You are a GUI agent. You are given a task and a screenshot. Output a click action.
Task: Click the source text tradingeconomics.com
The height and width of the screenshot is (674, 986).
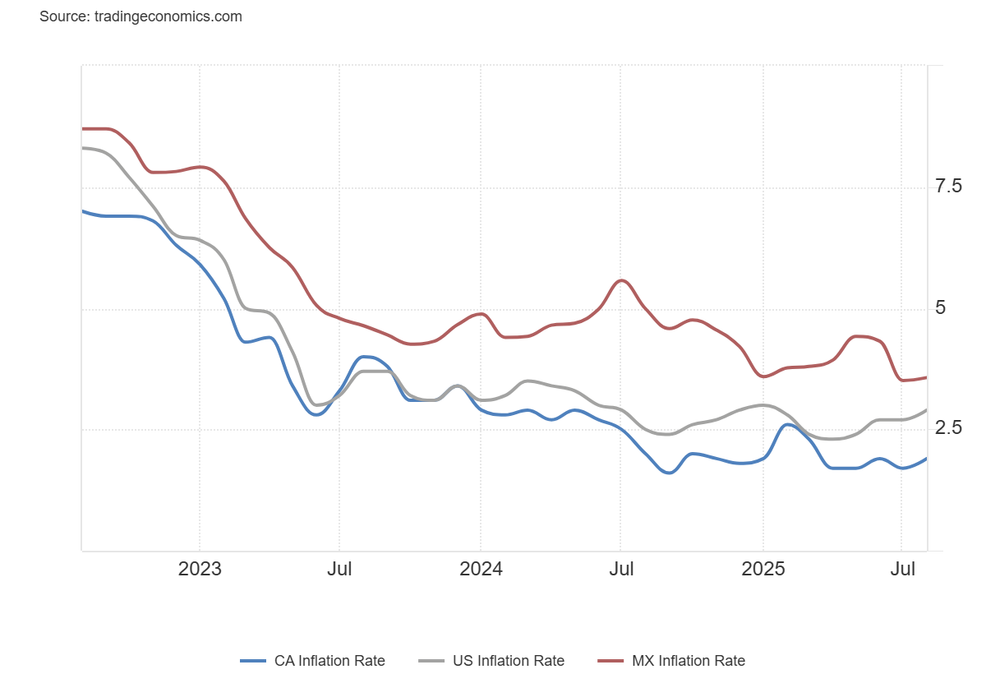[x=141, y=16]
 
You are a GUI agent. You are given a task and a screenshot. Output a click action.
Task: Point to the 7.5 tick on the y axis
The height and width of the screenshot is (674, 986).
[x=949, y=187]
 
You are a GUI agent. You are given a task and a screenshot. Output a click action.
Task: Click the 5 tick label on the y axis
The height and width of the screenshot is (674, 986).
[x=941, y=308]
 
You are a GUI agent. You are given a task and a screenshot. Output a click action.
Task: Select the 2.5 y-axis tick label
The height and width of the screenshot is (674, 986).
[x=949, y=428]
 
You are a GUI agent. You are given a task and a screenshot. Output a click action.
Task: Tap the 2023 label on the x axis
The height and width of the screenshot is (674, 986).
[x=200, y=569]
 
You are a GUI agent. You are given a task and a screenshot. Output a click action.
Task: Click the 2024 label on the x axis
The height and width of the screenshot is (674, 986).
[x=481, y=569]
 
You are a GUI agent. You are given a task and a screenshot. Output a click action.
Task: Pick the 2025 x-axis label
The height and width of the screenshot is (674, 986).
[x=763, y=569]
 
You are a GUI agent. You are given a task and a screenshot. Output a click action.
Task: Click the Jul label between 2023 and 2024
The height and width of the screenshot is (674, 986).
[x=339, y=569]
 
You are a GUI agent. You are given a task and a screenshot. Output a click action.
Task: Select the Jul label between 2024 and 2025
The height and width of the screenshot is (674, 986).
[x=621, y=569]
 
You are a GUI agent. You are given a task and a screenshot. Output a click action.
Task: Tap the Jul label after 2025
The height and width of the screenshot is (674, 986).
[x=903, y=569]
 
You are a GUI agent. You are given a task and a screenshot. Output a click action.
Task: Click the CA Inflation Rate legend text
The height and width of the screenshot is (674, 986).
[x=329, y=661]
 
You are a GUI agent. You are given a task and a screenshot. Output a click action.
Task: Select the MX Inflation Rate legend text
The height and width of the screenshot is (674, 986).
[x=688, y=661]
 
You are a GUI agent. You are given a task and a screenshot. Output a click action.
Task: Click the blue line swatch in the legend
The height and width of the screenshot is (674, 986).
[x=253, y=661]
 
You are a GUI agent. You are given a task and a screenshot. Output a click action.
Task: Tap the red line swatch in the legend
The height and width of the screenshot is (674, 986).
[x=611, y=661]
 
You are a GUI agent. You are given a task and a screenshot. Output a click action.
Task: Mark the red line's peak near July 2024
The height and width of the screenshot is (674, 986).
[x=622, y=280]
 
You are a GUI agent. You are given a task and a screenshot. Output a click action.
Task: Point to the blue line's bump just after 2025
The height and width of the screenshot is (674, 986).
[x=788, y=424]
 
